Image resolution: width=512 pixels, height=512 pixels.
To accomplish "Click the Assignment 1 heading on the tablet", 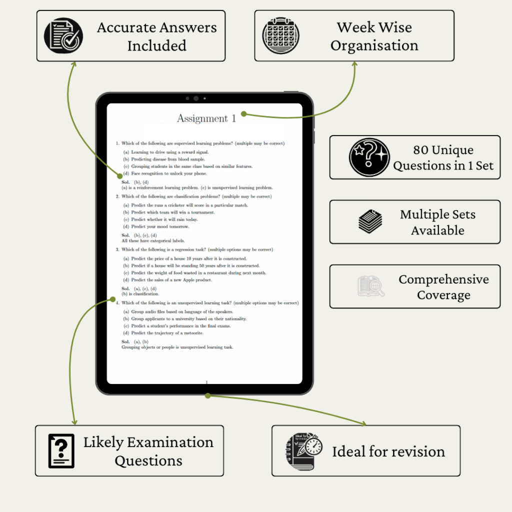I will point(206,118).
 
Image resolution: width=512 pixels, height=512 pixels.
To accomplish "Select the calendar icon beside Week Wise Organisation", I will point(281,35).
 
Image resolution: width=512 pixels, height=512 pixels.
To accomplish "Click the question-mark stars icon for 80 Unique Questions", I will point(369,157).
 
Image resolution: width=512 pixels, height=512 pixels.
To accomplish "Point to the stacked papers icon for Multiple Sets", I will point(370,222).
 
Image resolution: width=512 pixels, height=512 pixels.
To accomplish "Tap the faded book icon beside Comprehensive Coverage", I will point(371,286).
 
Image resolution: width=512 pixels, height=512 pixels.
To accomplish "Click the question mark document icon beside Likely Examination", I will point(61,450).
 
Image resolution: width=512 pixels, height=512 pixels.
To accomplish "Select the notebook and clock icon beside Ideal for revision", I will point(304,451).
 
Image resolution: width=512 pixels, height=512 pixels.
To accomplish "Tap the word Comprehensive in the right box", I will point(443,279).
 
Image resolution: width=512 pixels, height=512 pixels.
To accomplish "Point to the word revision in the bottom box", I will point(419,451).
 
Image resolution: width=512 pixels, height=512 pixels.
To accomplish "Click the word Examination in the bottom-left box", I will point(170,442).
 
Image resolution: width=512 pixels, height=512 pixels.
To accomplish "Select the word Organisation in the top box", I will point(374,45).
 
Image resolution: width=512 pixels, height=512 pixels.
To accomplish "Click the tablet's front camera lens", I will point(196,98).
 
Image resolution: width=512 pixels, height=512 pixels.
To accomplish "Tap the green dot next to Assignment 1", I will point(243,114).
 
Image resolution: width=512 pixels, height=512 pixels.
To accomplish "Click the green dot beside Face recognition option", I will point(119,175).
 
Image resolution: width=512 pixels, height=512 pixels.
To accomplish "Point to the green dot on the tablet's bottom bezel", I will point(208,395).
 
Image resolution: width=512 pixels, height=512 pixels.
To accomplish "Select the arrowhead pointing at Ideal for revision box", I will point(363,423).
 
